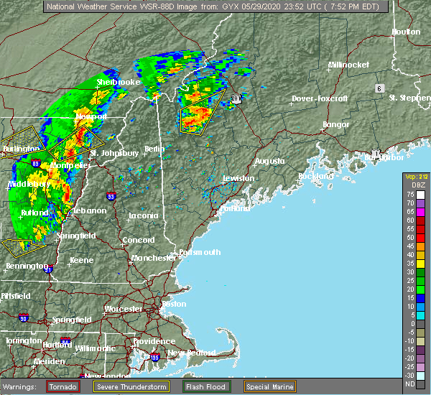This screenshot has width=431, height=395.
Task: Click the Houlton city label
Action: point(405,32)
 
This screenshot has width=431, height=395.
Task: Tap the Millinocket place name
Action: point(348,65)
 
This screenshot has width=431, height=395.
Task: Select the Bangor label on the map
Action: point(336,125)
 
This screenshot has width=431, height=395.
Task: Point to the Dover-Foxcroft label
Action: point(320,98)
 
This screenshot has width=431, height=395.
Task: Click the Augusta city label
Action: point(270,162)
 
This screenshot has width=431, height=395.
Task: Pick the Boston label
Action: point(175,304)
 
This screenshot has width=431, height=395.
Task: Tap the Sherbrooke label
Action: point(119,83)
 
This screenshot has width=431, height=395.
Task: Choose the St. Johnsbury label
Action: point(114,153)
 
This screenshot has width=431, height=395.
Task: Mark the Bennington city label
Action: point(22,266)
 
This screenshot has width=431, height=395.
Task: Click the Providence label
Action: point(154,341)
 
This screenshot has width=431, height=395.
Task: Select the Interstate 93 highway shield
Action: point(110,195)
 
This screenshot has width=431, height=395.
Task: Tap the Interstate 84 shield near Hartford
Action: point(66,340)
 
